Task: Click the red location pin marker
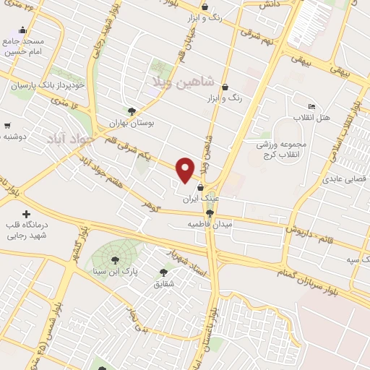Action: tap(186, 169)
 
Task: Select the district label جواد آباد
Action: tap(71, 137)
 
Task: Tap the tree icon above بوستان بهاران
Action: tap(131, 111)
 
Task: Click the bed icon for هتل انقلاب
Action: tap(311, 106)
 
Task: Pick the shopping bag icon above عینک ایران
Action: tap(210, 188)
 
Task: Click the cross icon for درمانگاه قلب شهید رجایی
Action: tap(26, 215)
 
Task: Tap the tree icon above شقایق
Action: tap(163, 272)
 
